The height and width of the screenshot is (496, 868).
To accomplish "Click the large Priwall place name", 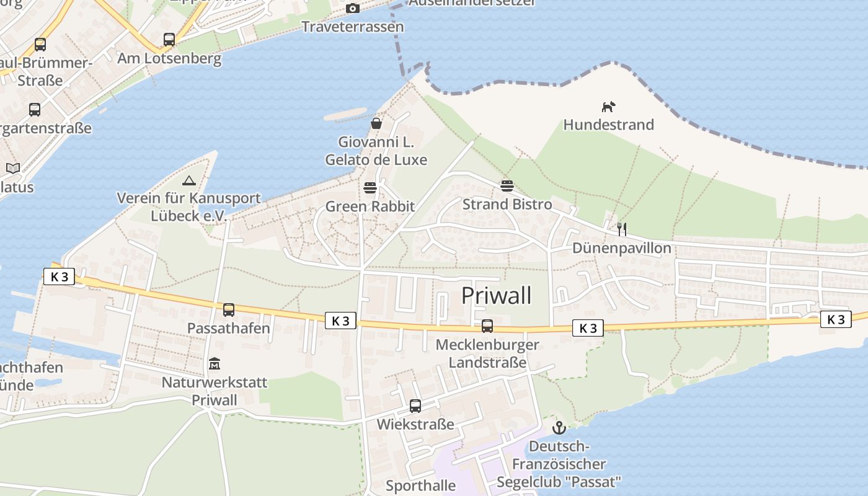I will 496,296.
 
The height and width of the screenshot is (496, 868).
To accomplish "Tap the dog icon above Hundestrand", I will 608,107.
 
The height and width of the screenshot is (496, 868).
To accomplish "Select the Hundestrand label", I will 608,125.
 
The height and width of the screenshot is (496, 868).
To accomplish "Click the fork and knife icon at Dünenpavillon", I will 622,229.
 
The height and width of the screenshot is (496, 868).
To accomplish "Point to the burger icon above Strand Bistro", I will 507,186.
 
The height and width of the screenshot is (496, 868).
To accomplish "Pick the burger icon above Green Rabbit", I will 370,188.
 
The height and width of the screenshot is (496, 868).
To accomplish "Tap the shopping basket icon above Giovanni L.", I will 376,123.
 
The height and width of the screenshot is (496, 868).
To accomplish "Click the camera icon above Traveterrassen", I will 353,8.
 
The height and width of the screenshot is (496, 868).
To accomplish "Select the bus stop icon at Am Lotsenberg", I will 169,40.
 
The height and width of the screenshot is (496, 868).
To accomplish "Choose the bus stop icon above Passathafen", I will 229,310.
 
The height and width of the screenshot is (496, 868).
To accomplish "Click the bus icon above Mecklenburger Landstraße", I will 487,326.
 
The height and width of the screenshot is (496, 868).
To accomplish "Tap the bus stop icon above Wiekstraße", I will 415,406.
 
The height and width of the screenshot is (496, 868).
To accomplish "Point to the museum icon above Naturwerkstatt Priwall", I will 215,364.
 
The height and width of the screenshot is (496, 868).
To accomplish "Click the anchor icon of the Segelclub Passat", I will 559,428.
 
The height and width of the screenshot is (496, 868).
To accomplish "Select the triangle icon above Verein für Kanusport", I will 189,180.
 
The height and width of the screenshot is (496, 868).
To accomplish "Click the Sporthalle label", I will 420,485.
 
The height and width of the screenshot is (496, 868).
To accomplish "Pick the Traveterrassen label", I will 352,27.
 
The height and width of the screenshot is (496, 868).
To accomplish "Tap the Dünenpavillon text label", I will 622,248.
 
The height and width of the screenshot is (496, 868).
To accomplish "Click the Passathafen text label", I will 229,328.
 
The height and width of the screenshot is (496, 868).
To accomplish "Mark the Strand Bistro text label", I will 507,204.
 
